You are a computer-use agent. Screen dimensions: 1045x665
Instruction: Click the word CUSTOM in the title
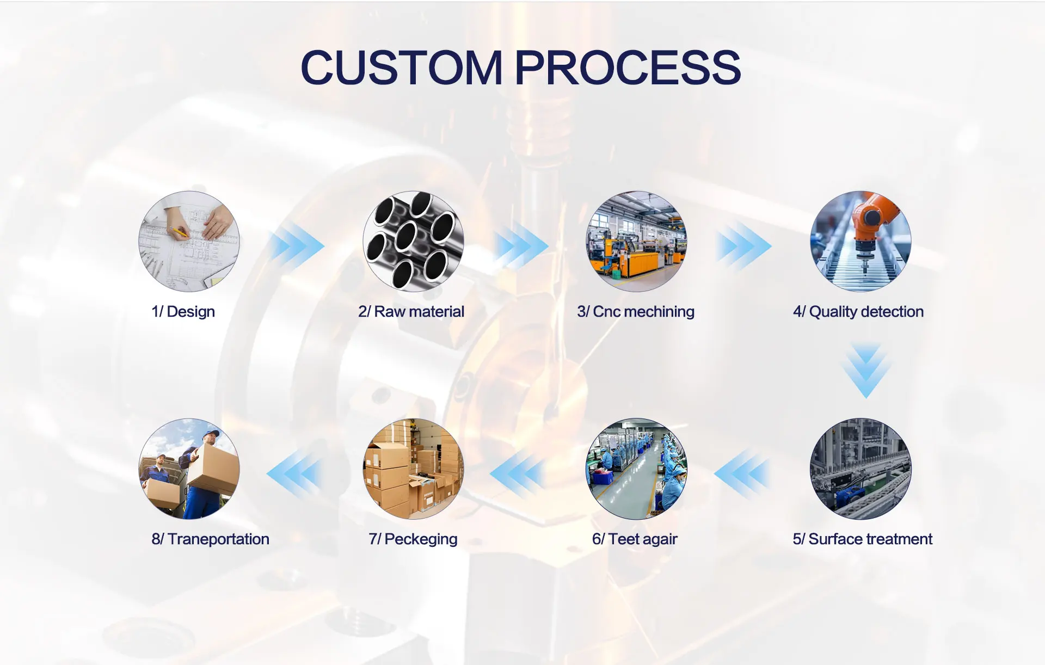(401, 67)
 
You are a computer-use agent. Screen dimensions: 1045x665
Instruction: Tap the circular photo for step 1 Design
(189, 241)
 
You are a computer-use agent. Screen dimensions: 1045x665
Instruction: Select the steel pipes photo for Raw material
(413, 241)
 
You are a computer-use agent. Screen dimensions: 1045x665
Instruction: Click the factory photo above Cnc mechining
(636, 241)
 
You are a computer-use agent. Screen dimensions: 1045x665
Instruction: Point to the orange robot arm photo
(860, 241)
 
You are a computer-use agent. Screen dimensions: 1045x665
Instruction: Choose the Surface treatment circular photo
(860, 469)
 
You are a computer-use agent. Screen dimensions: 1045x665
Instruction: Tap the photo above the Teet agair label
(636, 469)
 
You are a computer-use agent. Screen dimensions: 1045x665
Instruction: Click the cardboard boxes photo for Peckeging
(413, 469)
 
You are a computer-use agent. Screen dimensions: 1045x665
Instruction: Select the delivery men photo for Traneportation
(189, 469)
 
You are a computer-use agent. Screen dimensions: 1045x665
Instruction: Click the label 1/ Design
(183, 312)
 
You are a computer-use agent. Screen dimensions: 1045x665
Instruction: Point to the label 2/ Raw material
(411, 312)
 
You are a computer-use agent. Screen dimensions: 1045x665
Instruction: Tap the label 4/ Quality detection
(858, 312)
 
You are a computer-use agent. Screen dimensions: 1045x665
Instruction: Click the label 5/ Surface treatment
(862, 539)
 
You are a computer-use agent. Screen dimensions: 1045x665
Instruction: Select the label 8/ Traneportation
(210, 539)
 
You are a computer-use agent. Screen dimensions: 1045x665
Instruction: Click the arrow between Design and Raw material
(297, 245)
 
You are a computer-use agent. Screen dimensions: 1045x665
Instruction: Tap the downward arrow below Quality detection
(866, 370)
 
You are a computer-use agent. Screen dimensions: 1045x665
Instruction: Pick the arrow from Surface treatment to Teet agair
(742, 473)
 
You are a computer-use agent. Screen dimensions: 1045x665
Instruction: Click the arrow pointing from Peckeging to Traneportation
(294, 473)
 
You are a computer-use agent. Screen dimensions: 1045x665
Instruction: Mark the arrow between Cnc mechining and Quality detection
(743, 245)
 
